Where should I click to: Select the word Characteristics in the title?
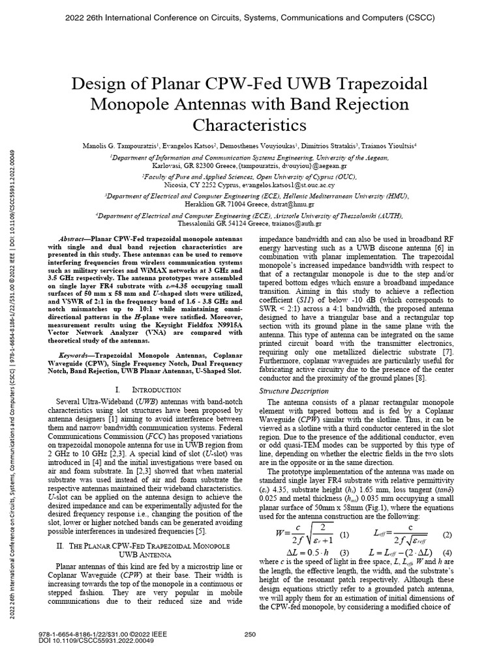coord(250,123)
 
